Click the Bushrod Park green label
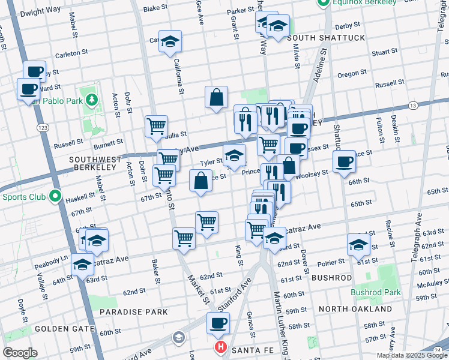click(375, 292)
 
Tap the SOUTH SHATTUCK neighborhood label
click(326, 38)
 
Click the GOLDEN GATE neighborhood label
click(64, 329)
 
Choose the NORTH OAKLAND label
click(355, 309)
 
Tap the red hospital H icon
click(220, 347)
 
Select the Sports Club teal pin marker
click(55, 196)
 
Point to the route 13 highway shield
click(412, 106)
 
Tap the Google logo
click(19, 353)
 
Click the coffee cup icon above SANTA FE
click(218, 323)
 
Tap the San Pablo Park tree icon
click(91, 98)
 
